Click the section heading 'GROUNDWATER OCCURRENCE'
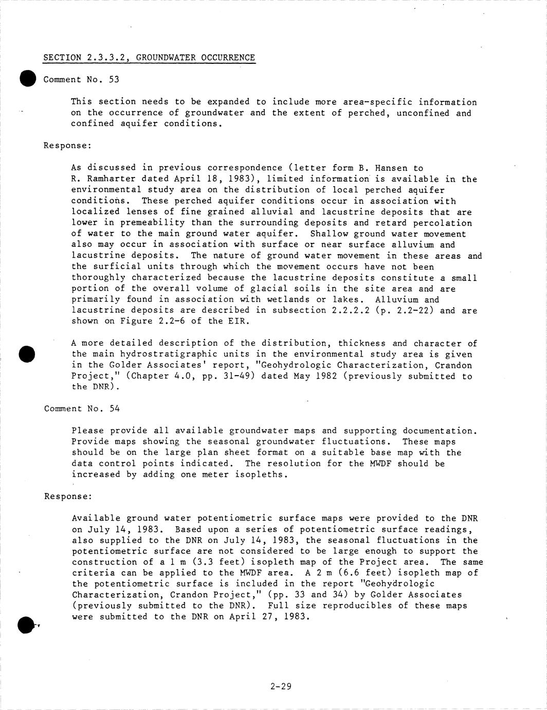click(x=195, y=58)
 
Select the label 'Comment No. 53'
click(x=81, y=79)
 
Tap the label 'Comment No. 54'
click(x=82, y=409)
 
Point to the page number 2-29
click(x=281, y=686)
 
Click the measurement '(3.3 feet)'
click(x=217, y=562)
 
